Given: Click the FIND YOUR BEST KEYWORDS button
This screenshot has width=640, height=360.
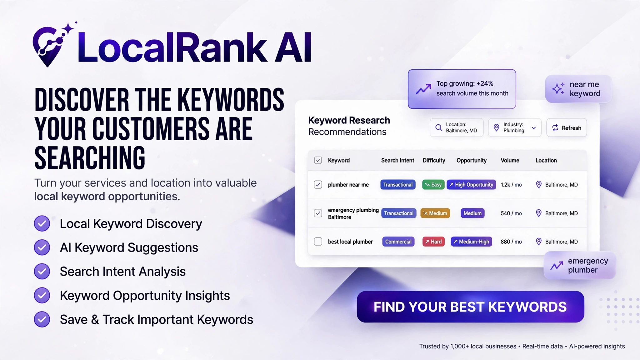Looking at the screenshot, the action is coord(470,307).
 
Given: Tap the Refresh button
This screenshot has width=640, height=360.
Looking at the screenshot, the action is coord(567,127).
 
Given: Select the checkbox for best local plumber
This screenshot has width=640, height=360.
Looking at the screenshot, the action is coord(318,242).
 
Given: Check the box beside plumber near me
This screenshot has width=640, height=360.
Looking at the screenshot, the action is coord(318,185).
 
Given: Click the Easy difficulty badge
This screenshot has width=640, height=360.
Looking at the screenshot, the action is coord(433,185).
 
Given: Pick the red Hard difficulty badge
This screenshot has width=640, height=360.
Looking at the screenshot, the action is coord(433,242).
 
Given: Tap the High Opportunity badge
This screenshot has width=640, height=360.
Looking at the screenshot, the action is coord(471,185).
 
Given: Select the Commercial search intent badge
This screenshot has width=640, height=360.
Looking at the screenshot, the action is coord(398,242).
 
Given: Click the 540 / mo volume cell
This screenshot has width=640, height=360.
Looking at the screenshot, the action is coord(511,213).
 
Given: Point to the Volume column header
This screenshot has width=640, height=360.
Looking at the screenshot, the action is coord(510,160).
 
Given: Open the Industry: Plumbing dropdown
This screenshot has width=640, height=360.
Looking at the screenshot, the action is coord(515,127).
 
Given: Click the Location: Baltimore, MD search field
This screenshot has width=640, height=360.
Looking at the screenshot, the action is coord(457,127).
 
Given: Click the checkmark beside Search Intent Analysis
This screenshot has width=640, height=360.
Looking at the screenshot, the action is coord(42,271).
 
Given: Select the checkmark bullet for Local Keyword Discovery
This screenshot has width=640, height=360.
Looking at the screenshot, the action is coord(42,223).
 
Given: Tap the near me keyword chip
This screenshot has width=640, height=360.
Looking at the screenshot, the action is coord(578,89).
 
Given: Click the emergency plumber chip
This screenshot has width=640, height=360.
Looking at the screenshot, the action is coord(580,265).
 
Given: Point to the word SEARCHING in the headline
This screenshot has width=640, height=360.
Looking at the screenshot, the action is coord(90,158).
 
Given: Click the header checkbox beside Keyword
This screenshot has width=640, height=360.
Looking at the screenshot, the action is coord(318,160).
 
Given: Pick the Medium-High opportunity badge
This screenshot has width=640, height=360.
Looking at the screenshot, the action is coord(471,242).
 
